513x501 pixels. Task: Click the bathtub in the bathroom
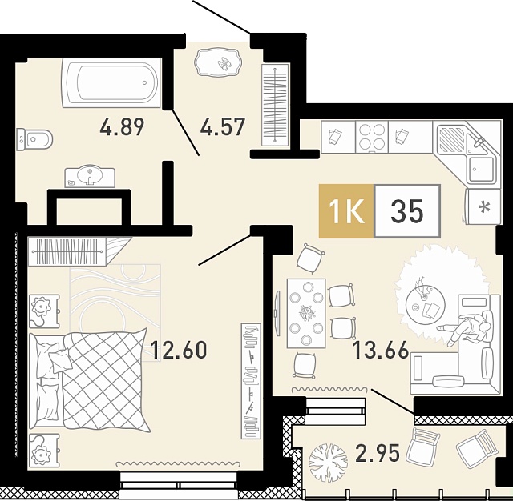(x=111, y=83)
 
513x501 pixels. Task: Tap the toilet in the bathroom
(x=34, y=140)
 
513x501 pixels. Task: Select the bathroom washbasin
(x=90, y=178)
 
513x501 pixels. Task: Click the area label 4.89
(x=122, y=127)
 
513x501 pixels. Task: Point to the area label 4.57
(x=223, y=127)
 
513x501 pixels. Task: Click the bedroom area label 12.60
(x=179, y=349)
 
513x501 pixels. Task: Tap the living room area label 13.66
(x=381, y=350)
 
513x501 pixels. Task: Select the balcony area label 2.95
(x=378, y=454)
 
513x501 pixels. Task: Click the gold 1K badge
(x=346, y=211)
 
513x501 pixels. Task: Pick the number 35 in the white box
(x=407, y=211)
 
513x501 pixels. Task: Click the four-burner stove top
(x=372, y=137)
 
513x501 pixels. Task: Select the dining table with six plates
(x=306, y=313)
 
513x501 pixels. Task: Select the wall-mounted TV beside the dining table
(x=278, y=313)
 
